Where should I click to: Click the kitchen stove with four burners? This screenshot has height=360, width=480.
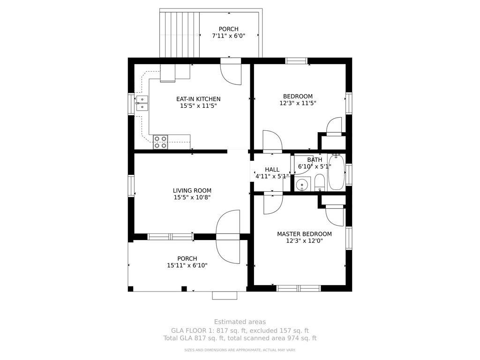(x=160, y=142)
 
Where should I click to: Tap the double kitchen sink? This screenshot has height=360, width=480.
(x=142, y=103)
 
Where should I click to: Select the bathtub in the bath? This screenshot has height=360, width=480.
(x=336, y=172)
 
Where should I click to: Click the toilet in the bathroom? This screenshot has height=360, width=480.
(x=319, y=182)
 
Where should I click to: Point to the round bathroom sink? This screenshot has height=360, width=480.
(x=303, y=185)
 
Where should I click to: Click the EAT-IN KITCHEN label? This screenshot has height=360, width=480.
(x=198, y=99)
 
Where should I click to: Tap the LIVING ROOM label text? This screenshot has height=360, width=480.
(x=192, y=191)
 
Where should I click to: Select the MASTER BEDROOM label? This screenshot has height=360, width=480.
(x=304, y=234)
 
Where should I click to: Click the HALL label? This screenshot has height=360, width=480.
(x=272, y=170)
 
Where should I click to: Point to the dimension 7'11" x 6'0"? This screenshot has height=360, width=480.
(x=228, y=36)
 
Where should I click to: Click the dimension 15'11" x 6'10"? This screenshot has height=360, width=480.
(x=187, y=265)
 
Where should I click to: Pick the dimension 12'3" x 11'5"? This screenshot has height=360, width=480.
(x=298, y=103)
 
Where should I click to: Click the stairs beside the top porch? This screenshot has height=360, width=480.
(x=180, y=33)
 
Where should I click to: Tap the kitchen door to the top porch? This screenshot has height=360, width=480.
(x=232, y=73)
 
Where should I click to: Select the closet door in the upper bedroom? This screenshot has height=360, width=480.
(x=335, y=126)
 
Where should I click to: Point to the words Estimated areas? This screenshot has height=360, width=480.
(x=240, y=322)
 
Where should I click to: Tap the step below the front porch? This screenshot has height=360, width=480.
(x=225, y=295)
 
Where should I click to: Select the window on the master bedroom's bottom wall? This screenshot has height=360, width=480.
(x=298, y=288)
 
